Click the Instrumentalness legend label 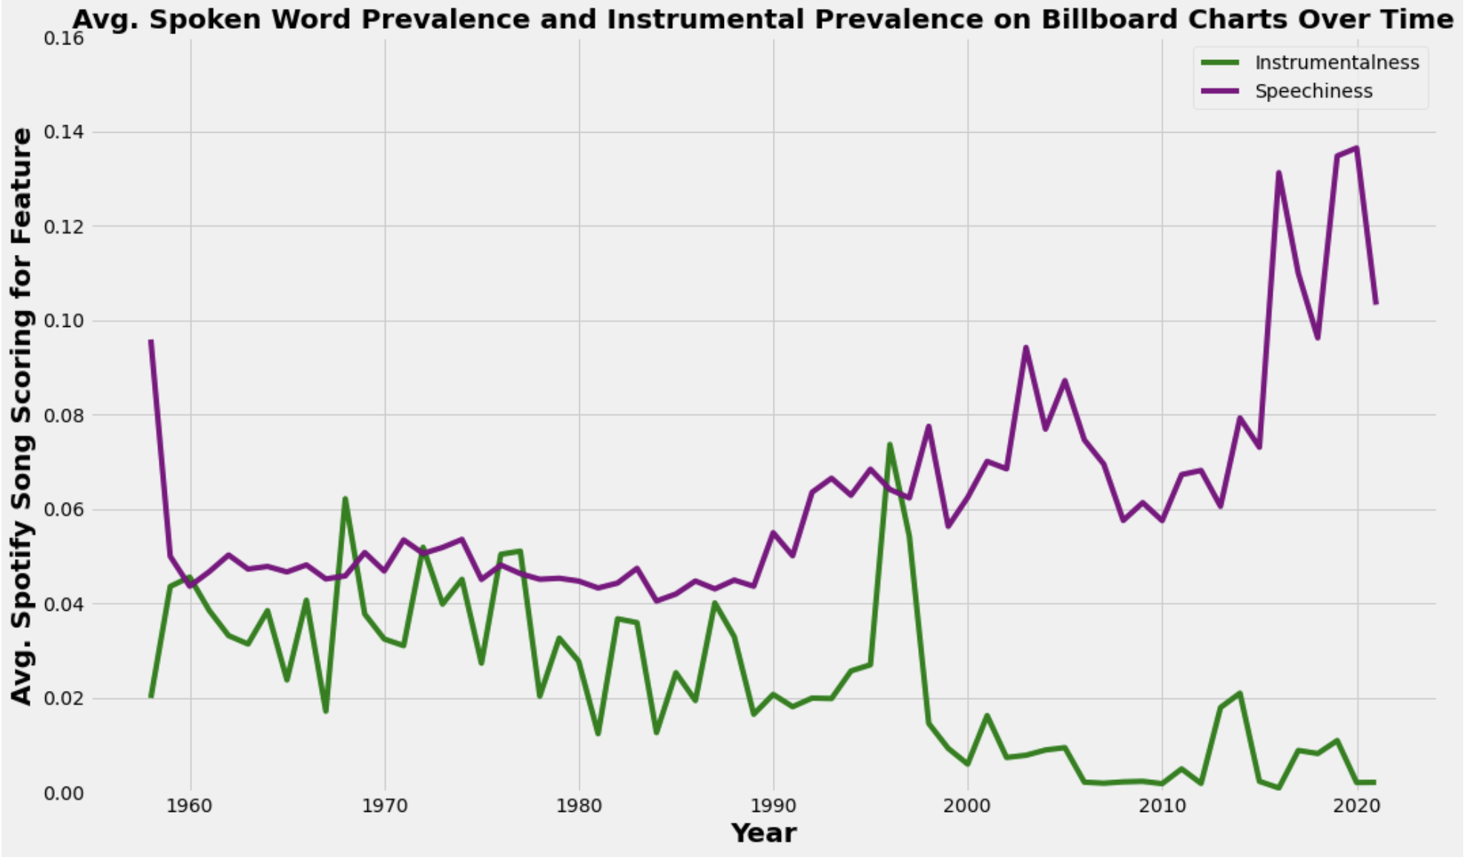(x=1336, y=63)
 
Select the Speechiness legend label (x=1313, y=91)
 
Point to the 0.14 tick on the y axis (x=64, y=132)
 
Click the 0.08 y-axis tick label (x=64, y=415)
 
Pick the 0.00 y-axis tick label (x=64, y=793)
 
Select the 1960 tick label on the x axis (x=191, y=805)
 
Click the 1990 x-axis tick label (x=774, y=805)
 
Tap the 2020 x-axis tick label (x=1356, y=805)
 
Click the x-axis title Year (x=763, y=833)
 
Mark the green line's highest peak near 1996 (x=890, y=445)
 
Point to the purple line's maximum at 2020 (x=1356, y=148)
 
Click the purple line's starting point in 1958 (x=151, y=341)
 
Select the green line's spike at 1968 (x=346, y=499)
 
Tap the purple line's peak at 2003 (x=1026, y=347)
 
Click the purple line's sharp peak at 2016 (x=1279, y=173)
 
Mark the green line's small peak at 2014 (x=1239, y=693)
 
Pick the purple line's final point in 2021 (x=1376, y=303)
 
